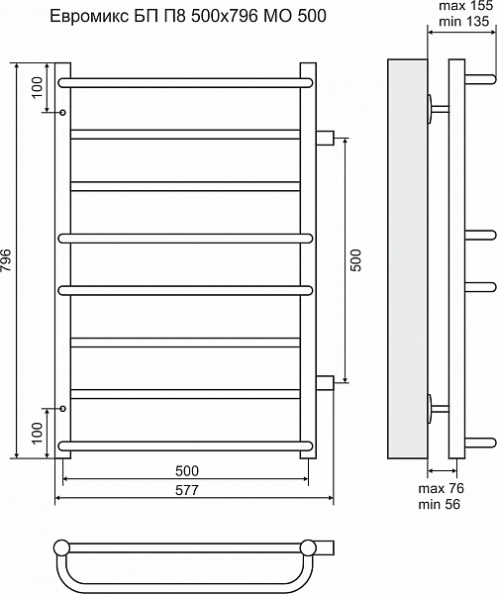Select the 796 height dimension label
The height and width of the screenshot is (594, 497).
pyautogui.click(x=7, y=260)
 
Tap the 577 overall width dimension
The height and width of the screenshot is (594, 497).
pyautogui.click(x=187, y=490)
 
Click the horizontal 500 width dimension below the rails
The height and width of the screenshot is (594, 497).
pyautogui.click(x=187, y=471)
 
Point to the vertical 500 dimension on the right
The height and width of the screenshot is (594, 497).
pyautogui.click(x=356, y=260)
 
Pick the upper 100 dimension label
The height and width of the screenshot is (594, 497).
pyautogui.click(x=37, y=87)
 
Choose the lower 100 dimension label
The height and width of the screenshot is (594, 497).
pyautogui.click(x=37, y=434)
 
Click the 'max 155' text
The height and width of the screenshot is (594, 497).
pyautogui.click(x=464, y=6)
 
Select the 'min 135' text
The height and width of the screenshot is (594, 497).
pyautogui.click(x=464, y=21)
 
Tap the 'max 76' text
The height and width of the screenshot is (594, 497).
pyautogui.click(x=441, y=489)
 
